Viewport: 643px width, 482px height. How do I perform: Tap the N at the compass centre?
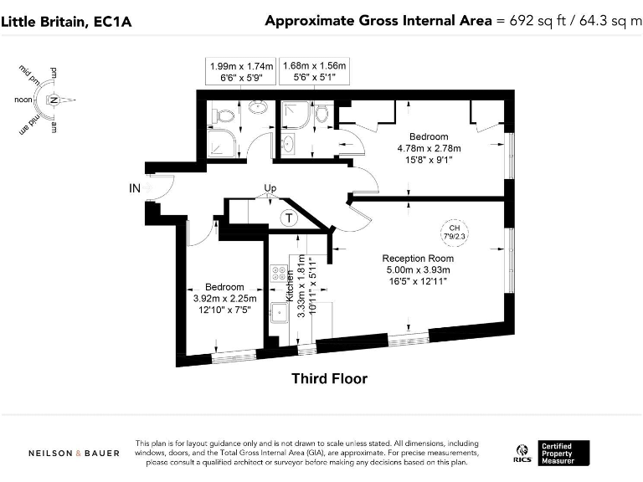[x=54, y=100]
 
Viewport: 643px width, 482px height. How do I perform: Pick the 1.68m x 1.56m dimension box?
[x=314, y=70]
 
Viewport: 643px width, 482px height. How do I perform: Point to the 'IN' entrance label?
[x=134, y=188]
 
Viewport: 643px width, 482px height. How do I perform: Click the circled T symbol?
[x=289, y=218]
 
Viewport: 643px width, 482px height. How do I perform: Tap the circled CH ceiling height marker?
[x=455, y=232]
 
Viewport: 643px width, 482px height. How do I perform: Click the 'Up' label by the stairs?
[x=270, y=187]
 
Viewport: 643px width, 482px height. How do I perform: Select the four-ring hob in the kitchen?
[x=278, y=275]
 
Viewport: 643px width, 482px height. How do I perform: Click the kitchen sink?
[x=278, y=314]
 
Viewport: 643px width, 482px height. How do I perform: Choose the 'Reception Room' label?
[x=417, y=259]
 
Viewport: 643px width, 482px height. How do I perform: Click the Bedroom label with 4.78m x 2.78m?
[x=429, y=136]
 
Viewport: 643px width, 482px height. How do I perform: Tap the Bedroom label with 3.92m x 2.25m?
[x=224, y=287]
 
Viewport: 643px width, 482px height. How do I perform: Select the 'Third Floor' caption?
[x=329, y=379]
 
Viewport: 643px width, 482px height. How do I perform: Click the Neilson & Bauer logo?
[x=74, y=454]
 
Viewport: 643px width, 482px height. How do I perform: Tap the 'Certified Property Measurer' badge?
[x=565, y=453]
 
